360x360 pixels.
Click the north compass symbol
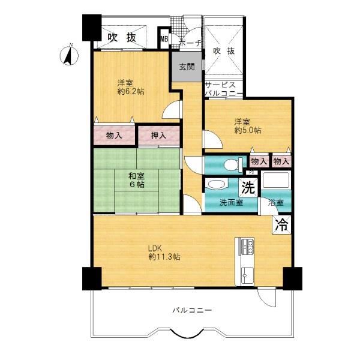pyautogui.click(x=69, y=55)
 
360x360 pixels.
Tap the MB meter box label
pyautogui.click(x=164, y=39)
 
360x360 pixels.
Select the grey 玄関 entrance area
pyautogui.click(x=187, y=67)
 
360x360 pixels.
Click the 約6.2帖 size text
pyautogui.click(x=131, y=91)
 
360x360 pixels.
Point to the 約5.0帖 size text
pyautogui.click(x=247, y=130)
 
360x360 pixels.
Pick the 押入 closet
pyautogui.click(x=158, y=136)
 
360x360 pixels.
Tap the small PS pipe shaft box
pyautogui.click(x=252, y=172)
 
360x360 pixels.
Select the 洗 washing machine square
pyautogui.click(x=248, y=188)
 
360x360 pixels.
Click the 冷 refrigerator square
pyautogui.click(x=281, y=225)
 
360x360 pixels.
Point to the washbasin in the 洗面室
pyautogui.click(x=217, y=184)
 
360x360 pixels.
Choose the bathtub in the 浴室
pyautogui.click(x=276, y=181)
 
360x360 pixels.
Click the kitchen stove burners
pyautogui.click(x=247, y=246)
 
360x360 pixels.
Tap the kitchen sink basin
pyautogui.click(x=247, y=275)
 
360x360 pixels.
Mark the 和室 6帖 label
pyautogui.click(x=137, y=180)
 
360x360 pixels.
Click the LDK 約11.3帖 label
pyautogui.click(x=164, y=253)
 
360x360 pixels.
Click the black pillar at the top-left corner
pyautogui.click(x=92, y=28)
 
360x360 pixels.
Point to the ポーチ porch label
pyautogui.click(x=190, y=43)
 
